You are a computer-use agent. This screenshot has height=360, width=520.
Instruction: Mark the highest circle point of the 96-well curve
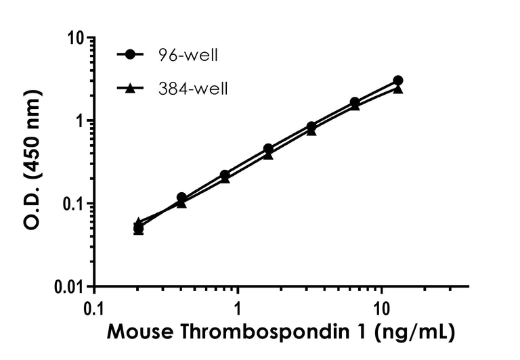[x=398, y=81]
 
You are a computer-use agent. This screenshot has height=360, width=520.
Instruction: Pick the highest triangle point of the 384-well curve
[x=398, y=89]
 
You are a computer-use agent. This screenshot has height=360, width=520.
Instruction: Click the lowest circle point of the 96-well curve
[x=138, y=229]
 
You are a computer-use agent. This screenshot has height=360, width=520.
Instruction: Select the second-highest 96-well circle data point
[x=355, y=102]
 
